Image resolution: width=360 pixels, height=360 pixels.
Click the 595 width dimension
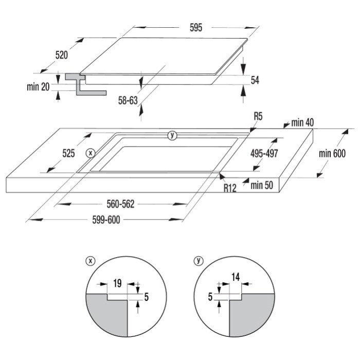click(196, 28)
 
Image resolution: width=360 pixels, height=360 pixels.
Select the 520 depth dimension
click(62, 55)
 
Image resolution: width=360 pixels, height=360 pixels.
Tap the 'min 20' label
click(38, 87)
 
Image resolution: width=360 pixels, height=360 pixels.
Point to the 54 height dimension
click(255, 80)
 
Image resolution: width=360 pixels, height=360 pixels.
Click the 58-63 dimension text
click(128, 101)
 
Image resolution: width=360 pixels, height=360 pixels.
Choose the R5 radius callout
click(258, 116)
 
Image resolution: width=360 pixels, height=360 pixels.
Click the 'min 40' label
click(302, 123)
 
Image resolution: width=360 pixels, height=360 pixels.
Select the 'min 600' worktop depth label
click(332, 153)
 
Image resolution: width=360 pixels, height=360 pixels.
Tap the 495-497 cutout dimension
click(264, 153)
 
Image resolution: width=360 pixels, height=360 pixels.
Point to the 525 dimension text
click(68, 153)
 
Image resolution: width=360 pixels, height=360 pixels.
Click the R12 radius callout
click(230, 188)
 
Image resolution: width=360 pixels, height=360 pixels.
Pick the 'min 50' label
click(262, 185)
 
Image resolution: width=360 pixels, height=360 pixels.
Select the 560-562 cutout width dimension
click(120, 204)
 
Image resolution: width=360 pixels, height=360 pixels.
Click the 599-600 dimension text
click(106, 220)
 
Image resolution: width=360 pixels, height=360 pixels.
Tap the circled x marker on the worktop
click(91, 153)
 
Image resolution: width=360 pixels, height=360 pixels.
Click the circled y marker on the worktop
click(172, 135)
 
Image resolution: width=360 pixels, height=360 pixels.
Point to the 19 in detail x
click(117, 283)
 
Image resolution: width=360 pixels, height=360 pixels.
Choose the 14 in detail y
click(236, 277)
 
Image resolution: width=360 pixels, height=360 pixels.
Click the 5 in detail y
click(210, 297)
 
